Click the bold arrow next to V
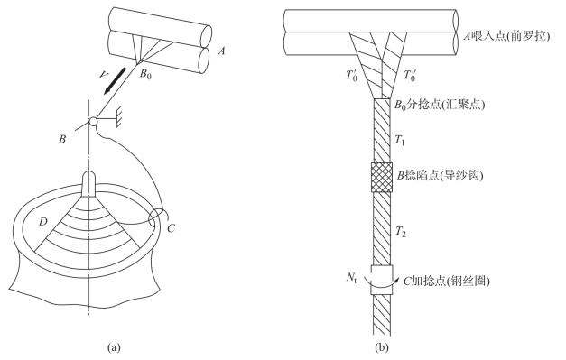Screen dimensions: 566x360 tap(114, 81)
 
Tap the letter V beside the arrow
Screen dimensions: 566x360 tap(104, 74)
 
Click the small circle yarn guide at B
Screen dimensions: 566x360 tap(93, 121)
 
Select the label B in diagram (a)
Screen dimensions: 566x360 tap(62, 139)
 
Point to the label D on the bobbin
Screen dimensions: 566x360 tap(43, 221)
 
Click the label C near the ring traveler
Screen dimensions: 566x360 tap(172, 228)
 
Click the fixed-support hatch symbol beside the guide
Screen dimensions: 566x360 tap(118, 118)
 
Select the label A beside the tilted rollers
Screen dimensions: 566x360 tap(222, 51)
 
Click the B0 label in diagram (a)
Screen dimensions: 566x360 tap(145, 74)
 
